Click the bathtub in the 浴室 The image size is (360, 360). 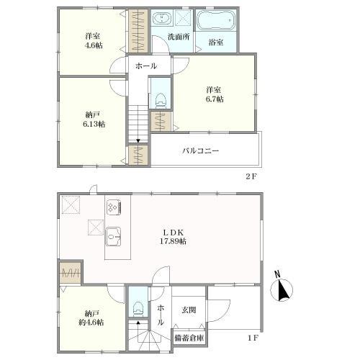pyautogui.click(x=215, y=20)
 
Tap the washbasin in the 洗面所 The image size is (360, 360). pyautogui.click(x=162, y=18)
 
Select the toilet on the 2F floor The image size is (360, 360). pyautogui.click(x=161, y=100)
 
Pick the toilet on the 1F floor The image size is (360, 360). pyautogui.click(x=138, y=308)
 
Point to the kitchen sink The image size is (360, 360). pyautogui.click(x=113, y=237)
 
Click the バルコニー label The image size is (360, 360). pyautogui.click(x=201, y=151)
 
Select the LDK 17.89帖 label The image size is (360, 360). pyautogui.click(x=173, y=237)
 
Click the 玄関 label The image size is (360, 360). pyautogui.click(x=189, y=310)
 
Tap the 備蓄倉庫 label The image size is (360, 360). pyautogui.click(x=189, y=338)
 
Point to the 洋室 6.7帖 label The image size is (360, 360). pyautogui.click(x=215, y=94)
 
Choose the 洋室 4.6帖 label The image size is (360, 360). pyautogui.click(x=94, y=40)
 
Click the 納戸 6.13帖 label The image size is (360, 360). pyautogui.click(x=94, y=120)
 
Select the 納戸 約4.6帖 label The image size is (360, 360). pyautogui.click(x=91, y=318)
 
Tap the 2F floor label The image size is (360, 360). pyautogui.click(x=251, y=177)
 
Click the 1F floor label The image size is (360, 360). pyautogui.click(x=253, y=338)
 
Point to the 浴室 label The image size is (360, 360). pyautogui.click(x=216, y=42)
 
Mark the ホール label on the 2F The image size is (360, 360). pyautogui.click(x=146, y=66)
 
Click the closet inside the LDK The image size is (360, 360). pyautogui.click(x=71, y=273)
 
